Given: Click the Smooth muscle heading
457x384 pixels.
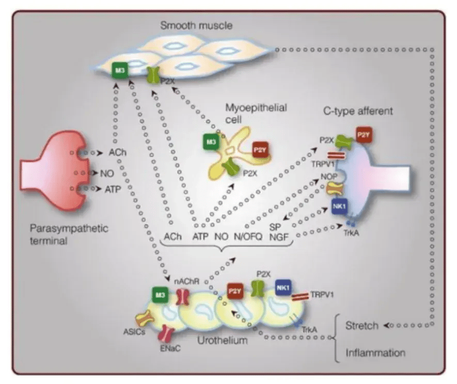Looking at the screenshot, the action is [x=196, y=25].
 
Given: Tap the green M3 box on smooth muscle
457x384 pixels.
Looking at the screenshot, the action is [x=120, y=70].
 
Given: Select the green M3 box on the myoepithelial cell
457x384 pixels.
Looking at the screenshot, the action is [x=211, y=142].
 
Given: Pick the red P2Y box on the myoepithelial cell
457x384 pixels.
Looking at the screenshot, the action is [x=260, y=150].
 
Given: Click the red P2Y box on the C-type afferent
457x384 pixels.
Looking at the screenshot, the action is [x=364, y=135].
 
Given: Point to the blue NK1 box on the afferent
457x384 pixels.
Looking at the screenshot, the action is [x=340, y=206].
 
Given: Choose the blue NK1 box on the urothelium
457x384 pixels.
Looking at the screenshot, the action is [x=283, y=288].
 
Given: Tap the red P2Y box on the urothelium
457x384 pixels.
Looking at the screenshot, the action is [x=235, y=291].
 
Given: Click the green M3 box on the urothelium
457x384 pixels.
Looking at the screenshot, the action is [x=160, y=295].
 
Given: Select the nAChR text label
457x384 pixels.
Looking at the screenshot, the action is [x=187, y=281].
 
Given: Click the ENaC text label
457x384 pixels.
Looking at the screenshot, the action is [x=170, y=348].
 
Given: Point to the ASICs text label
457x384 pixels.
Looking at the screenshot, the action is [x=134, y=332].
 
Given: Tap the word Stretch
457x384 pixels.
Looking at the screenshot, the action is [x=362, y=326].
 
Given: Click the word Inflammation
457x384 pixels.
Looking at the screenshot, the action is [x=375, y=353].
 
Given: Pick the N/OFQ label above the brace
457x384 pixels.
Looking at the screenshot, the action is [x=248, y=236].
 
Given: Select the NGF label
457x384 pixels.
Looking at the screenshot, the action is [x=279, y=237].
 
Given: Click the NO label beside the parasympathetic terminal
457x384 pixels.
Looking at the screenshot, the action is [x=107, y=173].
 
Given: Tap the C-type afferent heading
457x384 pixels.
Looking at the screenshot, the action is [x=358, y=111].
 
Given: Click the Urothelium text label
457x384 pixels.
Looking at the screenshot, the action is [x=223, y=340].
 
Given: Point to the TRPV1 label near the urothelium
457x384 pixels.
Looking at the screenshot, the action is [x=322, y=295].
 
